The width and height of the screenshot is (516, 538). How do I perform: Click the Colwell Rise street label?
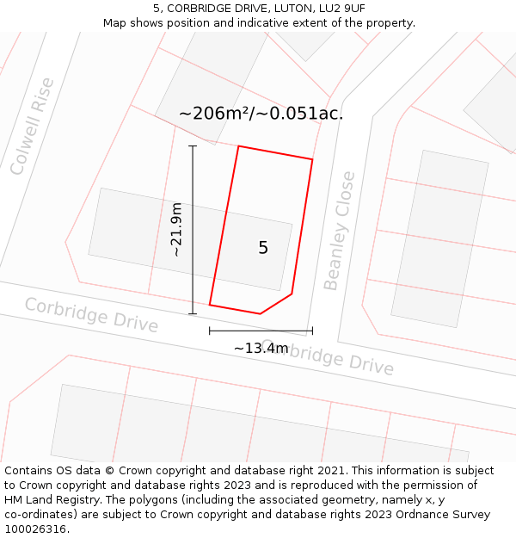point(32,127)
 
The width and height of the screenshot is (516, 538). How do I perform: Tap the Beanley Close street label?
point(339,231)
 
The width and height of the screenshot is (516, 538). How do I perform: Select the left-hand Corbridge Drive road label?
point(91,315)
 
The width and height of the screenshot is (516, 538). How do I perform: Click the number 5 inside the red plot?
point(263,248)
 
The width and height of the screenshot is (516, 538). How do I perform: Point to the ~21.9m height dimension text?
point(175,230)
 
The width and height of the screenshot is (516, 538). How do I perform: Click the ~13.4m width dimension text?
point(261,348)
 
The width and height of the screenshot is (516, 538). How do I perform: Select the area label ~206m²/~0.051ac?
point(261,113)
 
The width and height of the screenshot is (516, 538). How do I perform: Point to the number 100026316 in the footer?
point(37,529)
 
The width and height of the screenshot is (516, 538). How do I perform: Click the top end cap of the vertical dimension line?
point(193,146)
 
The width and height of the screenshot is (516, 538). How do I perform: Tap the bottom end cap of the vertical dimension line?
point(193,313)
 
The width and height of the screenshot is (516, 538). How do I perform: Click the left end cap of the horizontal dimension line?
point(210,330)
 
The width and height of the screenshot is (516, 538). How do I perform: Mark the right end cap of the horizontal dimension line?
point(312,330)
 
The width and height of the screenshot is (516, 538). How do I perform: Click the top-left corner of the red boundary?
point(238,146)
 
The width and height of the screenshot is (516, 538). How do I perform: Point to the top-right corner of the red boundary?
point(312,159)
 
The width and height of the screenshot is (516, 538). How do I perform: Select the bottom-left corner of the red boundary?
point(210,305)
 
